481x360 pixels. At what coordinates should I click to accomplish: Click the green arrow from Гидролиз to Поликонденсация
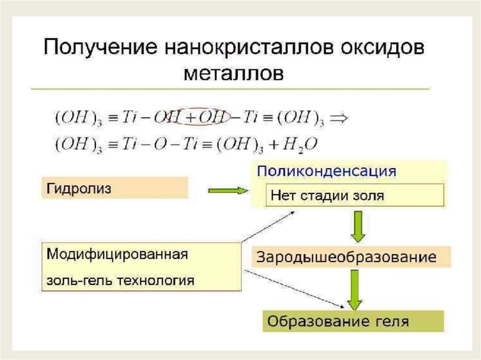(x=227, y=190)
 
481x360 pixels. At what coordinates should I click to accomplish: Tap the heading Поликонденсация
(x=326, y=171)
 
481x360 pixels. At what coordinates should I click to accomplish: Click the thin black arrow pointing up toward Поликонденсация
(x=267, y=227)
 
